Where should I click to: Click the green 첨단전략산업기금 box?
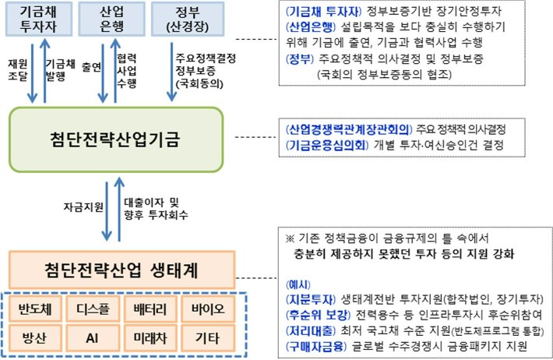[x=115, y=140]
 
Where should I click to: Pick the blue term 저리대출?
[x=306, y=329]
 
